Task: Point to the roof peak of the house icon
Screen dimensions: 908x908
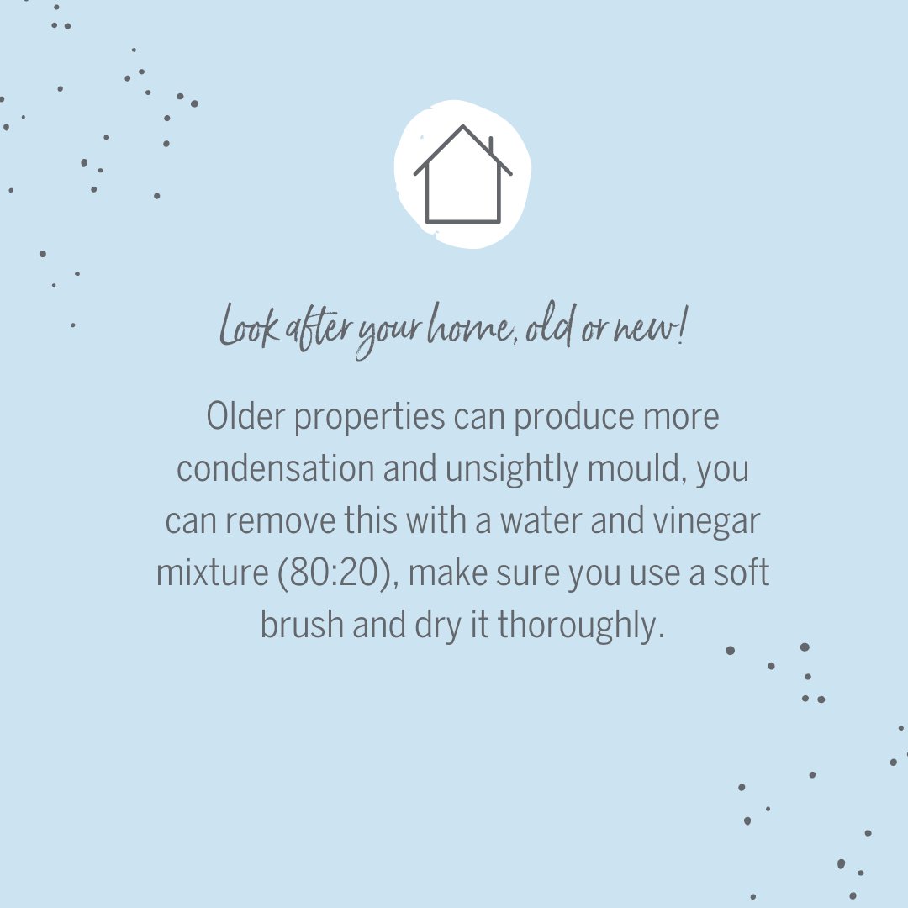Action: [x=462, y=128]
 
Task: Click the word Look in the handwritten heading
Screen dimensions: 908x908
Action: [x=248, y=328]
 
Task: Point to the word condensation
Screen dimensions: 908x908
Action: [x=275, y=469]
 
